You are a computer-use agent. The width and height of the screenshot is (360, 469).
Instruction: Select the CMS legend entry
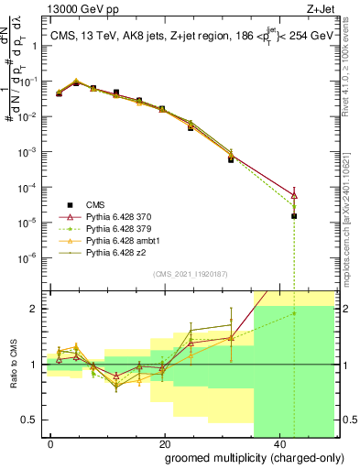97,204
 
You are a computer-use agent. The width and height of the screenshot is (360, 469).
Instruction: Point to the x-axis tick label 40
278,443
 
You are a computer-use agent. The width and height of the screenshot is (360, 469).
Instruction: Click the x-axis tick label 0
51,443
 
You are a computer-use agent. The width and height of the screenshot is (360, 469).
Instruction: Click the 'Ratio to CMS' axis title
14,365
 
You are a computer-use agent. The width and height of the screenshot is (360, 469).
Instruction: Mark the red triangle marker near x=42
294,194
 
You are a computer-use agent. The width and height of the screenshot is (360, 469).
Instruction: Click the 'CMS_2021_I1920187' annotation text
191,273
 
